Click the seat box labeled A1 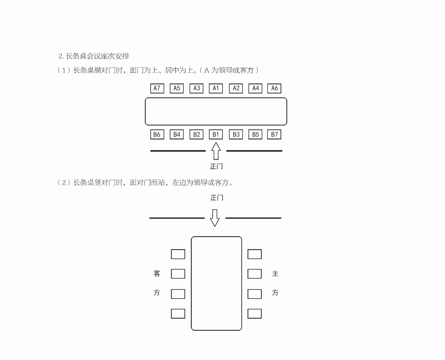(x=216, y=88)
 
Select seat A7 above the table (x=157, y=88)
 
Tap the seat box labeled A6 (x=274, y=88)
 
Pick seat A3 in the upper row (x=196, y=88)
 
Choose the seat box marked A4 (x=255, y=88)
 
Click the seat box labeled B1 (x=216, y=135)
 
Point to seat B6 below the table (x=157, y=135)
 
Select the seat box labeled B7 (x=275, y=135)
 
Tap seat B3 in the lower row (x=236, y=135)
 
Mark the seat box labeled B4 (x=177, y=135)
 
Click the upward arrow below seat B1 (x=216, y=151)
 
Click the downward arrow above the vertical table (x=214, y=218)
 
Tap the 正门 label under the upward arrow (x=216, y=166)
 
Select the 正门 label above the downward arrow (x=217, y=198)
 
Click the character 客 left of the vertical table (x=157, y=274)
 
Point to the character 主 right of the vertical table (x=275, y=274)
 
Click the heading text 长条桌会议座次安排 (x=97, y=56)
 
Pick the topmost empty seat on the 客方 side (x=178, y=254)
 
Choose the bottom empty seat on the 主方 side (x=254, y=314)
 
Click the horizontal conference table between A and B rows (x=216, y=111)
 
